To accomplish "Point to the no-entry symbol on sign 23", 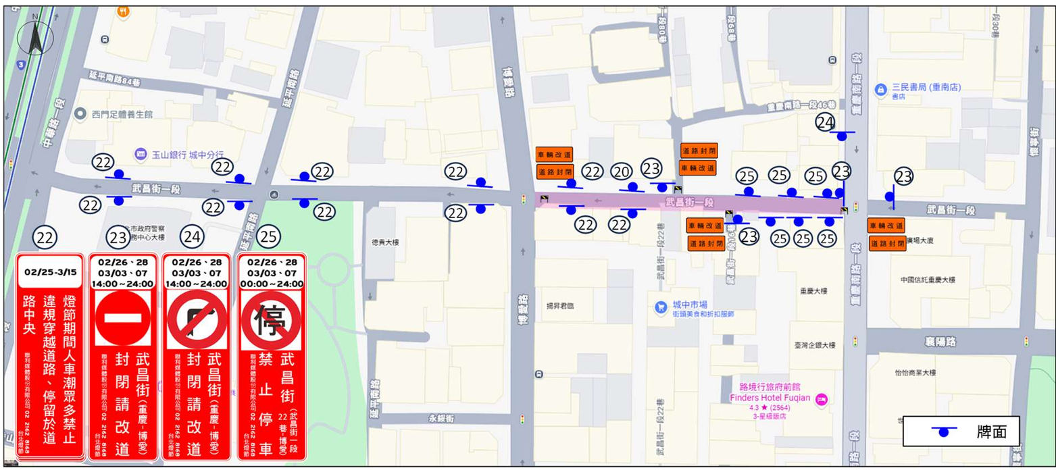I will (x=122, y=318).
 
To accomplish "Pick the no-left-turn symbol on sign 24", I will (x=197, y=319).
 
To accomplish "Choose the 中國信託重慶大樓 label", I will (x=931, y=280).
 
